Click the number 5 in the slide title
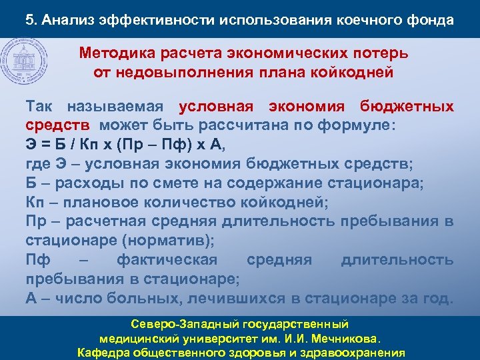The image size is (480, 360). (29, 19)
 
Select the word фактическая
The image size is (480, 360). (167, 259)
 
